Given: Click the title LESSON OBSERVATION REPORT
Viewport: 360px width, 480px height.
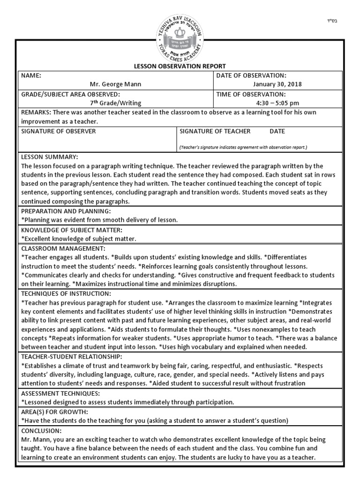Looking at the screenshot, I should point(180,66).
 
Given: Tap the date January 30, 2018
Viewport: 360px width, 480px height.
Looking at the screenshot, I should point(277,84).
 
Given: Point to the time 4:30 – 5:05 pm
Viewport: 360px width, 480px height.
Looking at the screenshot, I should point(277,103).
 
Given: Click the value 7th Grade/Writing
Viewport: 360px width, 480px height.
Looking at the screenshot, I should point(115,103).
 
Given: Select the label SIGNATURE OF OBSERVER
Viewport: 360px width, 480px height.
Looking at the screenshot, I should point(59,131).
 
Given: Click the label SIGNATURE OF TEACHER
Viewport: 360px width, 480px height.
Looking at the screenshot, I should point(215,131).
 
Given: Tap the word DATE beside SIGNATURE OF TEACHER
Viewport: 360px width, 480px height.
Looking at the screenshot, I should point(277,131).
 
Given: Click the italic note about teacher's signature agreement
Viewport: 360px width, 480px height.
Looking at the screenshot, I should point(243,147).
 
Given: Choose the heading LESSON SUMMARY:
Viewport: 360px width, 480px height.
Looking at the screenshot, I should point(50,157).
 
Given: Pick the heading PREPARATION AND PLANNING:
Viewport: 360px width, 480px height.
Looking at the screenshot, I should point(66,211).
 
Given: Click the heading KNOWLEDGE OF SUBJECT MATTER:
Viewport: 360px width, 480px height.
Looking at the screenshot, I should point(72,230).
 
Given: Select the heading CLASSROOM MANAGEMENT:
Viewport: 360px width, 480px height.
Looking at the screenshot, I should point(63,248).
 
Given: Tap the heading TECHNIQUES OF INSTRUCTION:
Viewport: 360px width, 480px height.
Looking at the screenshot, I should point(66,293).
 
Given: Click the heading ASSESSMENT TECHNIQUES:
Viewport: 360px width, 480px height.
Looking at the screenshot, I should point(61,393).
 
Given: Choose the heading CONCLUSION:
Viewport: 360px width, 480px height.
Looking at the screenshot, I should point(41,430).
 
